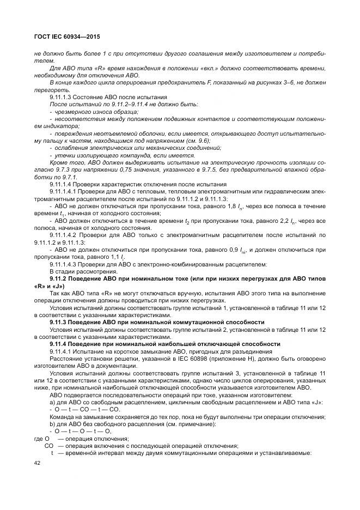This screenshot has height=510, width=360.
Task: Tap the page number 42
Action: (38, 463)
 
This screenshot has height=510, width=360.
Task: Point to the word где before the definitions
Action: (38, 439)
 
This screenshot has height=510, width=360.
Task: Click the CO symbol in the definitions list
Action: (49, 446)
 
